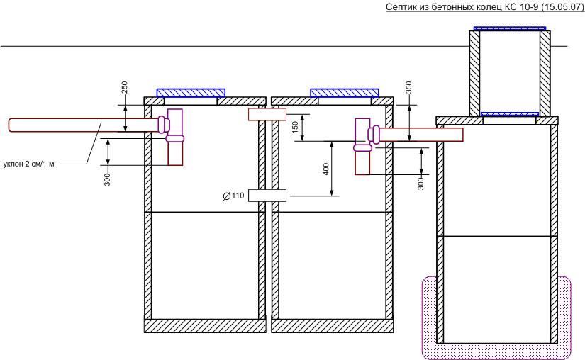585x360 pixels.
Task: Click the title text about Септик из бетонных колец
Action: (x=484, y=6)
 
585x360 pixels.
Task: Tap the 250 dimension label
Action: (x=125, y=87)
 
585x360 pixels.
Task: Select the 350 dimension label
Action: (x=408, y=87)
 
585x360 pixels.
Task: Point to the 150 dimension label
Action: (x=295, y=127)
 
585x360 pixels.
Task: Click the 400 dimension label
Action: (x=325, y=169)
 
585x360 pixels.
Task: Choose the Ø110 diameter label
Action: (x=233, y=196)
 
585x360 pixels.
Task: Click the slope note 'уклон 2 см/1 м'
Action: (x=29, y=164)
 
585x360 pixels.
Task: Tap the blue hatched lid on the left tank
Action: (x=191, y=93)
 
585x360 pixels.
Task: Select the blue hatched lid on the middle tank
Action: (x=345, y=93)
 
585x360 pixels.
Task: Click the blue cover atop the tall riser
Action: (x=510, y=28)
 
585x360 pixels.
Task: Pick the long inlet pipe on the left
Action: (x=84, y=125)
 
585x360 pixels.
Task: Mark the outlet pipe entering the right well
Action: (x=420, y=135)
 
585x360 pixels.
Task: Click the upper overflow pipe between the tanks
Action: (x=267, y=114)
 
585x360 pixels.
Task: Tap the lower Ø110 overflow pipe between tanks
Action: (x=267, y=196)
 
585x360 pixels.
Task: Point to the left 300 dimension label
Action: (x=108, y=179)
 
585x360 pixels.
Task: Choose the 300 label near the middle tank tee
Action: (x=420, y=184)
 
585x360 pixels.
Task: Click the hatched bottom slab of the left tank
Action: (x=205, y=326)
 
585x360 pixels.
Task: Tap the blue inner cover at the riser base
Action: (x=510, y=114)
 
